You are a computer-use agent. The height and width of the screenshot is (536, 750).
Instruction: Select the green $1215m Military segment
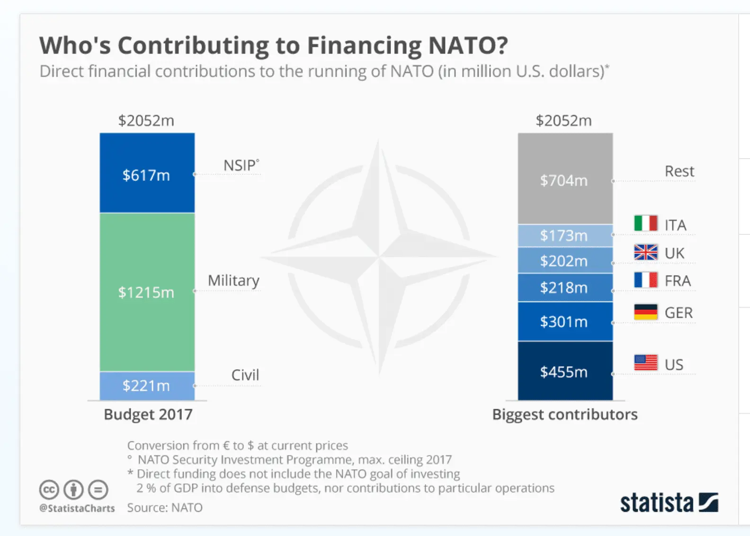[147, 292]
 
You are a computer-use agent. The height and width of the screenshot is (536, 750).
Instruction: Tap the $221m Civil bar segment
[147, 385]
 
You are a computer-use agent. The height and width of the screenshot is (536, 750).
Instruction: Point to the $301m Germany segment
[565, 322]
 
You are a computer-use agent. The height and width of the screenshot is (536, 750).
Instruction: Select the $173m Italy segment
[565, 235]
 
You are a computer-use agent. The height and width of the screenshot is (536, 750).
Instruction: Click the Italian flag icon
[646, 223]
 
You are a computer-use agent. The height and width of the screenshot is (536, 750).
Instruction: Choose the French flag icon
[646, 280]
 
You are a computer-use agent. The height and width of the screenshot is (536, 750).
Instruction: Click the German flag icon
[646, 312]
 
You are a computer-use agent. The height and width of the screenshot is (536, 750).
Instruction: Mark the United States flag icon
[646, 363]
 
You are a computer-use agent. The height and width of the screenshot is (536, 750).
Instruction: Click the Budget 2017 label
[148, 414]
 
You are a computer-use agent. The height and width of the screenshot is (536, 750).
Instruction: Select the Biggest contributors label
[565, 414]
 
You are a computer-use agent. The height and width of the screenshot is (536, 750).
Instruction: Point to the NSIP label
[241, 165]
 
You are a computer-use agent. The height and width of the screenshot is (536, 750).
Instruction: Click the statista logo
[669, 502]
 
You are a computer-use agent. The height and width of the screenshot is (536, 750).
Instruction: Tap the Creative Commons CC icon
[49, 490]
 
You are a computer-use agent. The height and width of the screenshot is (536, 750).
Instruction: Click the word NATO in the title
[467, 45]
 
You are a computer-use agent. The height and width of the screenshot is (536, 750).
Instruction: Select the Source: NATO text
[165, 508]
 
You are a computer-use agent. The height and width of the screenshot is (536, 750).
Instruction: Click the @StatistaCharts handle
[77, 508]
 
